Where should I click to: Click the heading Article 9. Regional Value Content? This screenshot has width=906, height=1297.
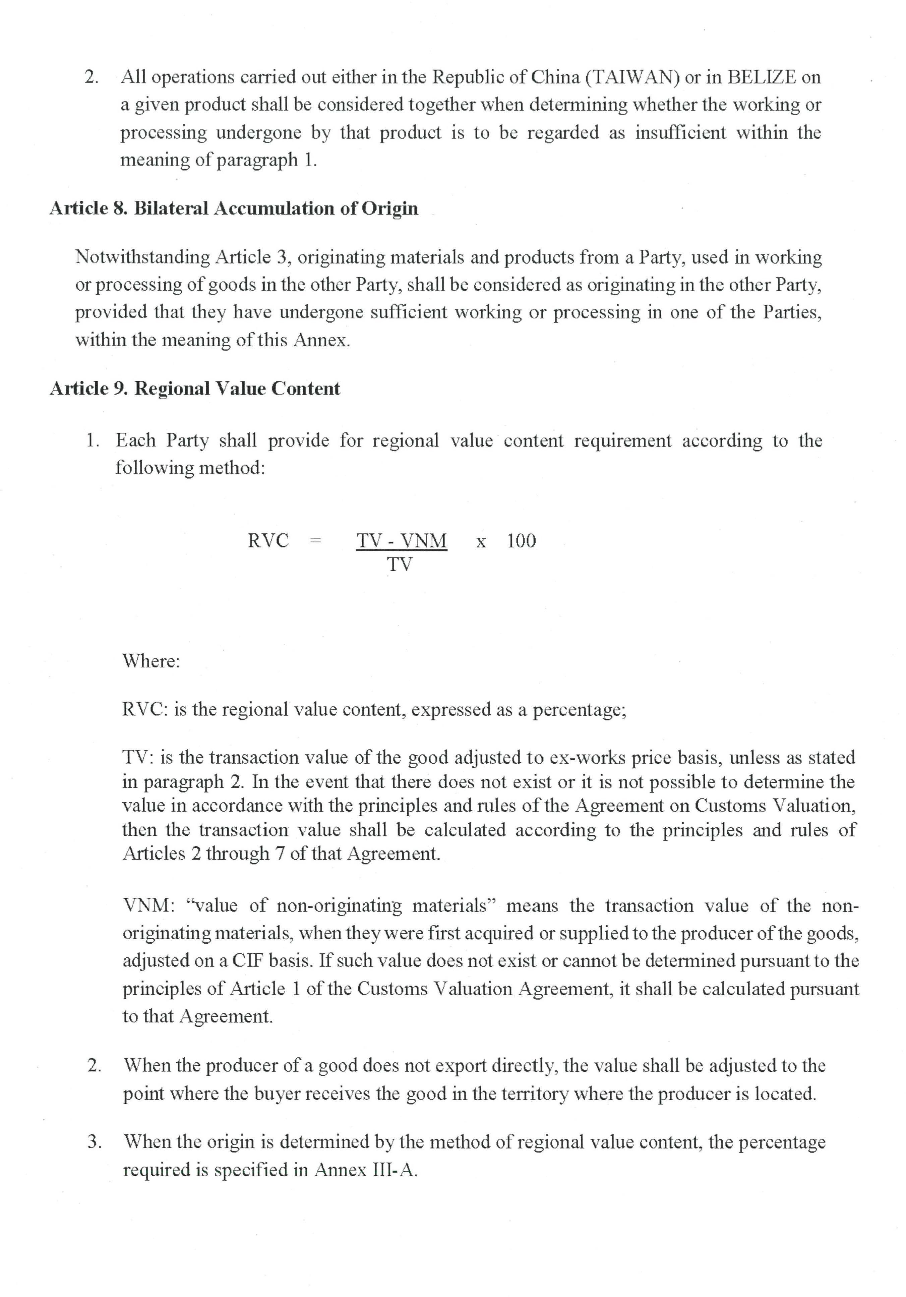pos(195,389)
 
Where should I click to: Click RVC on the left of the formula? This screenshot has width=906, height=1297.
pos(268,541)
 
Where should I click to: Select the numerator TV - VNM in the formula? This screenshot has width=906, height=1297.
pos(401,541)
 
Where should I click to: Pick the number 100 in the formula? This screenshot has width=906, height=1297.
pos(521,541)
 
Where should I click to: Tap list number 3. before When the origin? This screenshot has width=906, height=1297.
pos(94,1142)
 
